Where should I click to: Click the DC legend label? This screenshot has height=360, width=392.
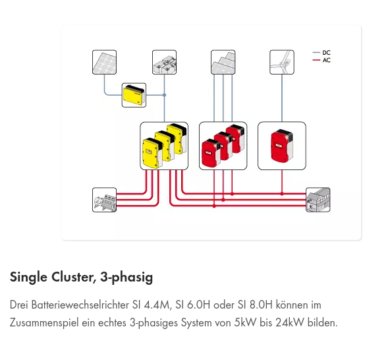coord(326,53)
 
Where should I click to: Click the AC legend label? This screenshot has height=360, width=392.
coord(326,60)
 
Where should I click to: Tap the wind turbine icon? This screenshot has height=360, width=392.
coord(282,62)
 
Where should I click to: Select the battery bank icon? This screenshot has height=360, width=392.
coord(164,62)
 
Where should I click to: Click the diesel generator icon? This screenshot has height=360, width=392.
coord(104,200)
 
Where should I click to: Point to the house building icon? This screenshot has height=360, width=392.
coord(318,200)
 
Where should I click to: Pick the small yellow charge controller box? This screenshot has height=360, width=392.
coord(134,96)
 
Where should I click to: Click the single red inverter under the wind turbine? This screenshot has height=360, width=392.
coord(282,146)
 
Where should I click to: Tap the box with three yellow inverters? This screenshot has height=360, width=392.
coord(164,146)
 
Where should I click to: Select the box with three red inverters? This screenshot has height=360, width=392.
coord(223,146)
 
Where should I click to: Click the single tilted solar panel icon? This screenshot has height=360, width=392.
coord(104,62)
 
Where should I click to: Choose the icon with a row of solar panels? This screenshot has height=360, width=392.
coord(223,62)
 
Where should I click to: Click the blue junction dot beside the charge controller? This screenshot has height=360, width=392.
coord(164,95)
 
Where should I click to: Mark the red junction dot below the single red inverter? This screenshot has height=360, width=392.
coord(282,194)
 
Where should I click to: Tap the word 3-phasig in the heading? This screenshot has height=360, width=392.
coord(126,278)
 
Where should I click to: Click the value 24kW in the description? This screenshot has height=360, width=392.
coord(290,322)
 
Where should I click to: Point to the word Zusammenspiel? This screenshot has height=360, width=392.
coord(44,323)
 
